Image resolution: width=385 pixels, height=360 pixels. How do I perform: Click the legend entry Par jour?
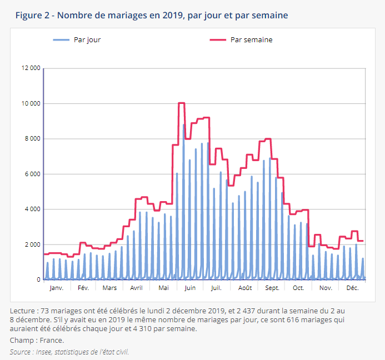(87, 39)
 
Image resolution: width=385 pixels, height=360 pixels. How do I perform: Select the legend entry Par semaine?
(251, 39)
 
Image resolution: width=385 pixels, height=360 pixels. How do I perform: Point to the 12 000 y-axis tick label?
(31, 68)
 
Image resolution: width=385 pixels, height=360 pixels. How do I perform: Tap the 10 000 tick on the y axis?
(31, 104)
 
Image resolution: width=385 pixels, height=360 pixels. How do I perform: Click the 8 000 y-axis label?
(32, 139)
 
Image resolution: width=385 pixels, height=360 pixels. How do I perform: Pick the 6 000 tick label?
(32, 174)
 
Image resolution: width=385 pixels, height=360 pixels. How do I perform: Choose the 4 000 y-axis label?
(32, 209)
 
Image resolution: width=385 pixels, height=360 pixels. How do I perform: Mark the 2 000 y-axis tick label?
(32, 245)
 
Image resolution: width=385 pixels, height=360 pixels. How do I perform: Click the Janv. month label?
(56, 288)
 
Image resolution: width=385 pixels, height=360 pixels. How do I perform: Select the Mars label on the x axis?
(109, 288)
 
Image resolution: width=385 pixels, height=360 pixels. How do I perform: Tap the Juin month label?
(190, 288)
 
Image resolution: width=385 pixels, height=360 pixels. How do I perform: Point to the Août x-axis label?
(244, 288)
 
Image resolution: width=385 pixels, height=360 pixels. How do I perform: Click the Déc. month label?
(352, 288)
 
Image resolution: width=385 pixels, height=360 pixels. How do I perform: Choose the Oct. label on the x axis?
(298, 288)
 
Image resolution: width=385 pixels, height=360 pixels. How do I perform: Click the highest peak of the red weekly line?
(181, 103)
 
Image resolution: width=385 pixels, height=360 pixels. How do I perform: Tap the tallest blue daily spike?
(184, 125)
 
